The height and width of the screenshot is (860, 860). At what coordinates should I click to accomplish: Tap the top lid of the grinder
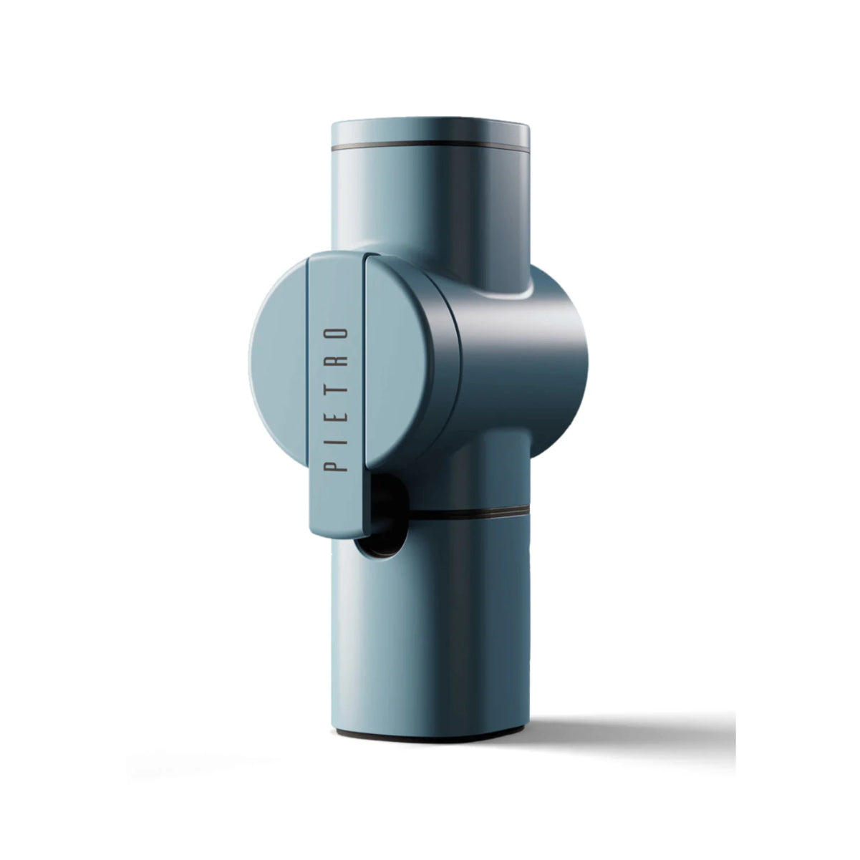pos(430,130)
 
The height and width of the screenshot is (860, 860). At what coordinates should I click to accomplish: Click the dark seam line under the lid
pos(430,145)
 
